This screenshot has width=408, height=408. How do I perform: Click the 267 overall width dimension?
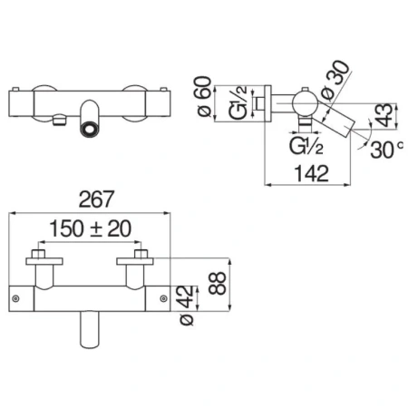coord(96,199)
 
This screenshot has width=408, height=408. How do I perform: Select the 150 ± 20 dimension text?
coord(90,228)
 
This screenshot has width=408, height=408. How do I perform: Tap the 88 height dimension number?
coord(218,283)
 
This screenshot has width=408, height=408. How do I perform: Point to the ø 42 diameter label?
coord(187,306)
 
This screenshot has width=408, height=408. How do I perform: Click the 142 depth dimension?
coord(311,173)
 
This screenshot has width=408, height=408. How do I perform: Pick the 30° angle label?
coord(386,149)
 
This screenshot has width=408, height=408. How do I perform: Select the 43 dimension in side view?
coord(384,115)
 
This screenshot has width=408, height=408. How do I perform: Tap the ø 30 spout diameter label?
coord(335,80)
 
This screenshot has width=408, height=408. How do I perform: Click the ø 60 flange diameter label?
coord(205,96)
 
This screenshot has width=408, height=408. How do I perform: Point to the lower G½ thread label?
coord(306,146)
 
